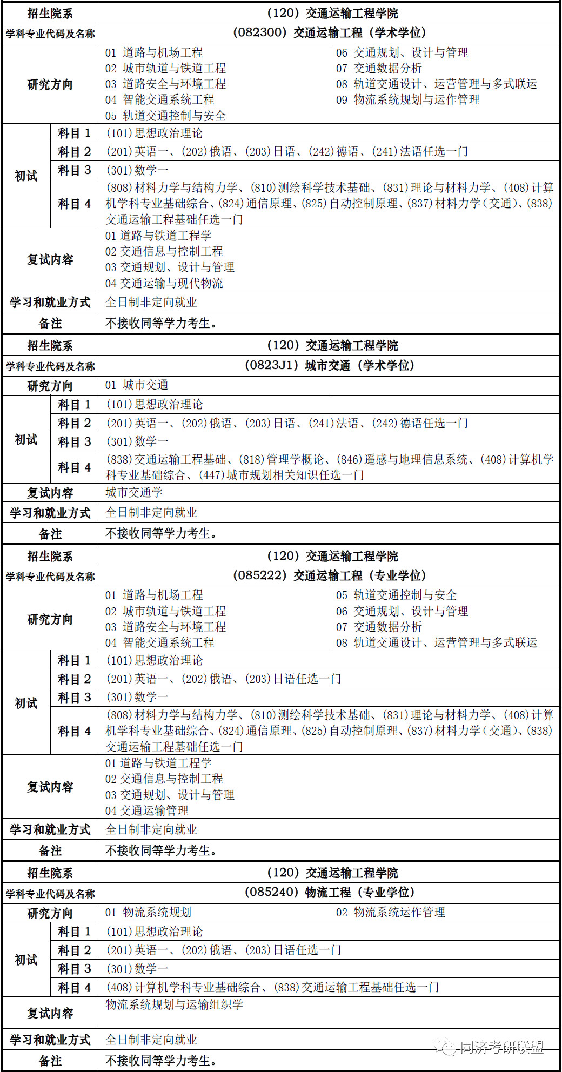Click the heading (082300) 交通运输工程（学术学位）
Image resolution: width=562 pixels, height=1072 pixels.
[329, 33]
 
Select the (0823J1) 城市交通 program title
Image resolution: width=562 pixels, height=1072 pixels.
[329, 366]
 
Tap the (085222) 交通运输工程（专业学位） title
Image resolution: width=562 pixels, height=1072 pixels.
[329, 576]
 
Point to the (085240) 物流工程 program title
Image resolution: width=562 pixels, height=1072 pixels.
[329, 892]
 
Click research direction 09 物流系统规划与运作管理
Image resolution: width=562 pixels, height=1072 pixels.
[408, 100]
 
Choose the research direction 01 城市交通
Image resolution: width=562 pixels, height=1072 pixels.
[137, 385]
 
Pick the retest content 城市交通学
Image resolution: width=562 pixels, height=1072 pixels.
[134, 492]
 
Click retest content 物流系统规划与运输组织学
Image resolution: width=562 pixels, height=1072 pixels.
[175, 1004]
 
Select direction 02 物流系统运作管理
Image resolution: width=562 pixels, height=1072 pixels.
[391, 913]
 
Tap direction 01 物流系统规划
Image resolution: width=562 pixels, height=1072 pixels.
[149, 913]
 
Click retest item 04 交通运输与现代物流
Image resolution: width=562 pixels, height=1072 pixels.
[164, 283]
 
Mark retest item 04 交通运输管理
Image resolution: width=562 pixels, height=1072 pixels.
[147, 810]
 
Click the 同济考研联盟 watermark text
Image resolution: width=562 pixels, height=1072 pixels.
[501, 1048]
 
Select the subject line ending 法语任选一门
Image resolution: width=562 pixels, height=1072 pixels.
[287, 152]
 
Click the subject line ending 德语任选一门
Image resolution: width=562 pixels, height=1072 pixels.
[287, 424]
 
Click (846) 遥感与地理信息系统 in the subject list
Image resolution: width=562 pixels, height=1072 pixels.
[403, 460]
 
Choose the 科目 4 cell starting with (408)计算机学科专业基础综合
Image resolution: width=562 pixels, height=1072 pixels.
[273, 988]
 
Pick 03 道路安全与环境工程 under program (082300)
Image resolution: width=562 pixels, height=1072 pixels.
[166, 84]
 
